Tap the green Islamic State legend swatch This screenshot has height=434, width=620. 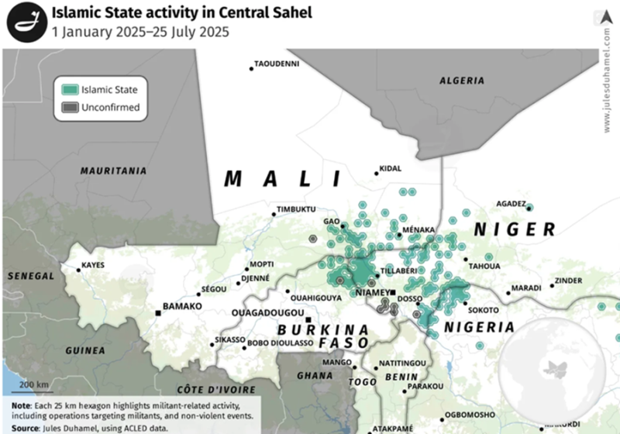[x=70, y=90]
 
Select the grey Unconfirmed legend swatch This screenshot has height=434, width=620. [x=70, y=108]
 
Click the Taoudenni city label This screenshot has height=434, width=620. [x=277, y=64]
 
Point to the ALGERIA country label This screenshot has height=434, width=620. [x=461, y=81]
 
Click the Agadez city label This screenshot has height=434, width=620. [x=511, y=204]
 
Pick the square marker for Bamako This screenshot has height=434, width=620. [x=158, y=312]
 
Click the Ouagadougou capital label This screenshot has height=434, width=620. [x=267, y=312]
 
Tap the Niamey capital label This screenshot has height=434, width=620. [x=370, y=292]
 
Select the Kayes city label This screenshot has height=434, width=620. [x=93, y=265]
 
